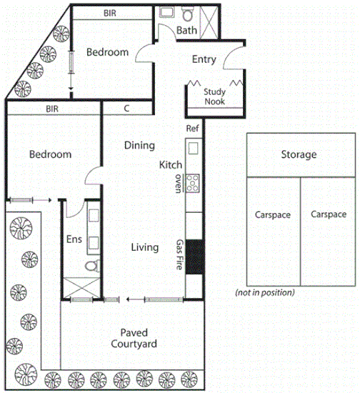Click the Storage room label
(298, 154)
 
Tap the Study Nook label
(215, 96)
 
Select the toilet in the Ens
(91, 267)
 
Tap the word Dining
(139, 146)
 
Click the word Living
(144, 247)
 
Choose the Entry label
(204, 60)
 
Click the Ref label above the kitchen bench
(191, 129)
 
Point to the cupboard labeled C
(126, 109)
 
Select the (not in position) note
(264, 293)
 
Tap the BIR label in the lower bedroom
(51, 109)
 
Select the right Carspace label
(328, 214)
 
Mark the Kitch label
(171, 165)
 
